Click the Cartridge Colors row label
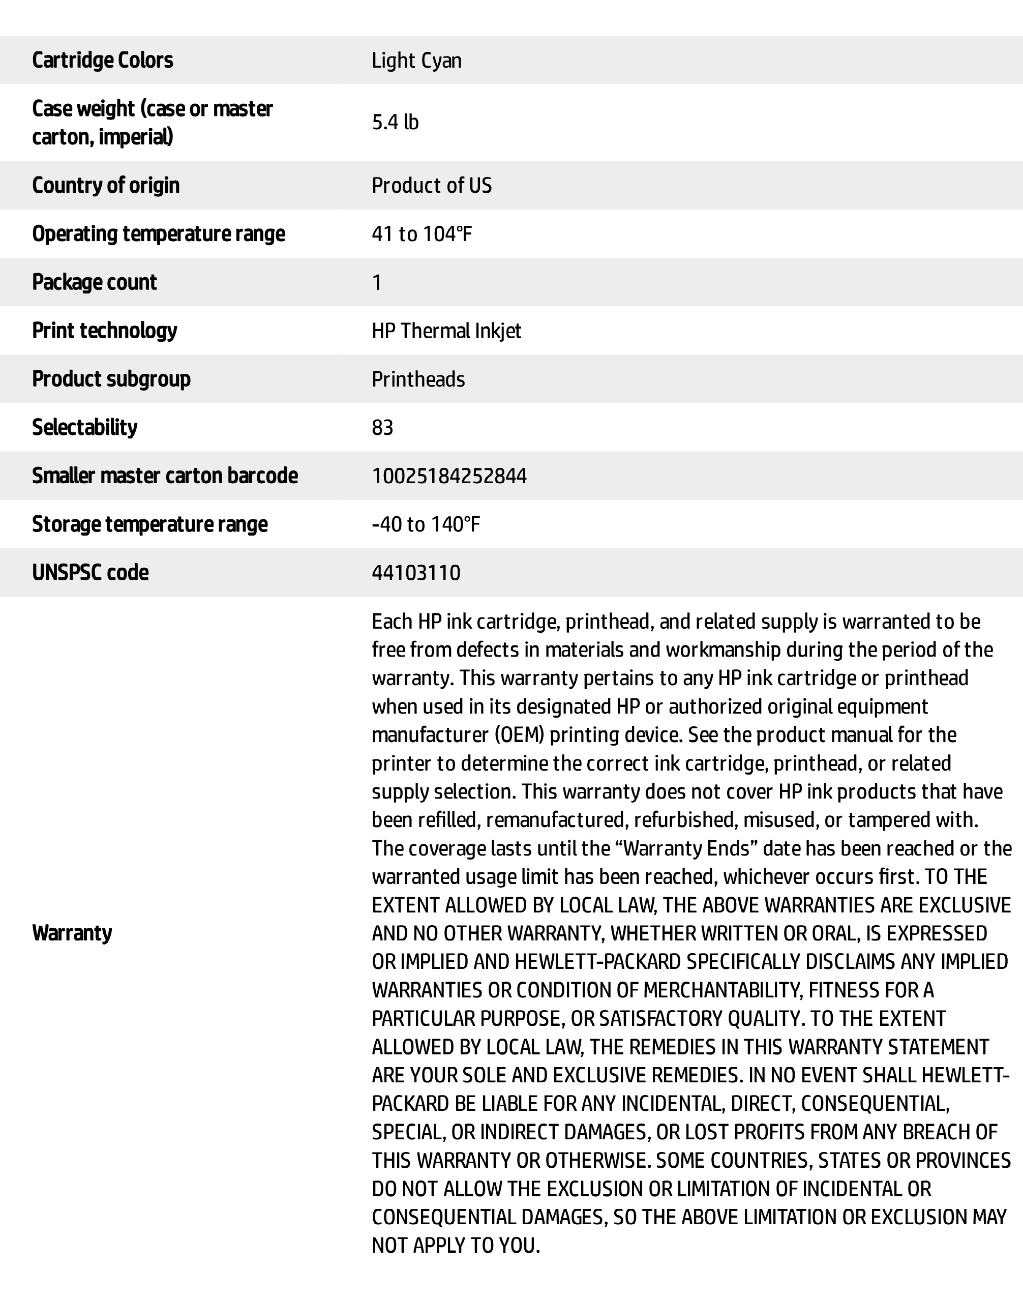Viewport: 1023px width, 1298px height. click(102, 60)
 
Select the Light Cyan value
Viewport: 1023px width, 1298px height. click(416, 61)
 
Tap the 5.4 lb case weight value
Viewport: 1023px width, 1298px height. click(395, 122)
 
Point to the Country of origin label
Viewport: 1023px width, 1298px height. click(105, 185)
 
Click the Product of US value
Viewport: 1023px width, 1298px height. click(431, 185)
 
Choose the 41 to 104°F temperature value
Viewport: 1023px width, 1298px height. click(422, 233)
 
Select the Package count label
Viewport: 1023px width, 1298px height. click(94, 282)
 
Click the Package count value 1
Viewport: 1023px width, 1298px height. click(377, 282)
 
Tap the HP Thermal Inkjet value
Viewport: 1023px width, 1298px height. click(446, 331)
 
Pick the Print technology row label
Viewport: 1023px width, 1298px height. click(104, 331)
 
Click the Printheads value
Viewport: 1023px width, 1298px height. click(418, 379)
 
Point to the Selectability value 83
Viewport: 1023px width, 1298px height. click(382, 428)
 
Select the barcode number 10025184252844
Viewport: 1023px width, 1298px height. click(449, 476)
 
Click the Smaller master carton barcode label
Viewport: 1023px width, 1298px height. click(165, 476)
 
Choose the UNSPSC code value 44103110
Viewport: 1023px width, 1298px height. click(416, 573)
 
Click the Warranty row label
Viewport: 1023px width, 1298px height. click(72, 933)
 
